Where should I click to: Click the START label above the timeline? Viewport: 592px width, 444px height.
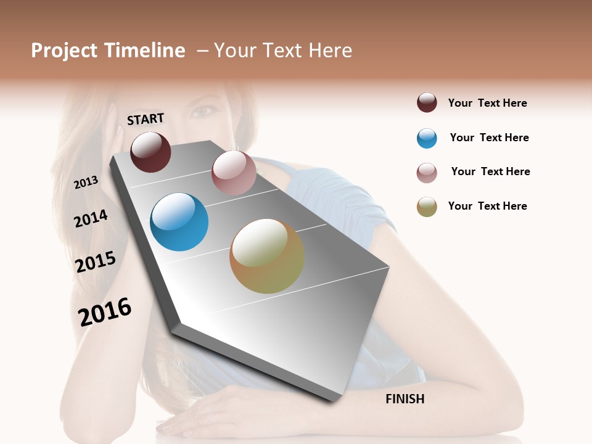pos(146,119)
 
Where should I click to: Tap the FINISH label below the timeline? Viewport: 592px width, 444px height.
pos(405,399)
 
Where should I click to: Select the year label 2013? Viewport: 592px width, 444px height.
pos(86,183)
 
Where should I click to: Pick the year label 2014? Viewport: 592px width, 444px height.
pos(91,218)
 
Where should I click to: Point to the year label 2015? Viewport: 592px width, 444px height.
pos(96,262)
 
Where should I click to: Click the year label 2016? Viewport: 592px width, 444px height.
pos(105,311)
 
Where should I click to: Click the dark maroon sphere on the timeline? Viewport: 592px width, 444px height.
pos(151,152)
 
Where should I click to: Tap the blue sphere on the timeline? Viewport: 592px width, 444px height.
pos(179,222)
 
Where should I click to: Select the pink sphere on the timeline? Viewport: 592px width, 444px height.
pos(234,173)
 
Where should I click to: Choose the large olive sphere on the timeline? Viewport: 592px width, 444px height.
pos(267,256)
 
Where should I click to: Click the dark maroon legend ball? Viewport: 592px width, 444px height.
pos(427,103)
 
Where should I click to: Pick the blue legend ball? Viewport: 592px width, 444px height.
pos(427,138)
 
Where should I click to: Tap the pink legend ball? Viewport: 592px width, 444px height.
pos(427,173)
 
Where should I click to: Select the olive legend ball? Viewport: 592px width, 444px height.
pos(427,207)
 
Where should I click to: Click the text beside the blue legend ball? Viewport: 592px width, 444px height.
pos(489,138)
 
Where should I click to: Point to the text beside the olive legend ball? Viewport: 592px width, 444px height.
pos(487,206)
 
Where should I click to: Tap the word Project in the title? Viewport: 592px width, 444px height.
pos(64,51)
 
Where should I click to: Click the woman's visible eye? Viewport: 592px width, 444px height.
pos(203,112)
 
